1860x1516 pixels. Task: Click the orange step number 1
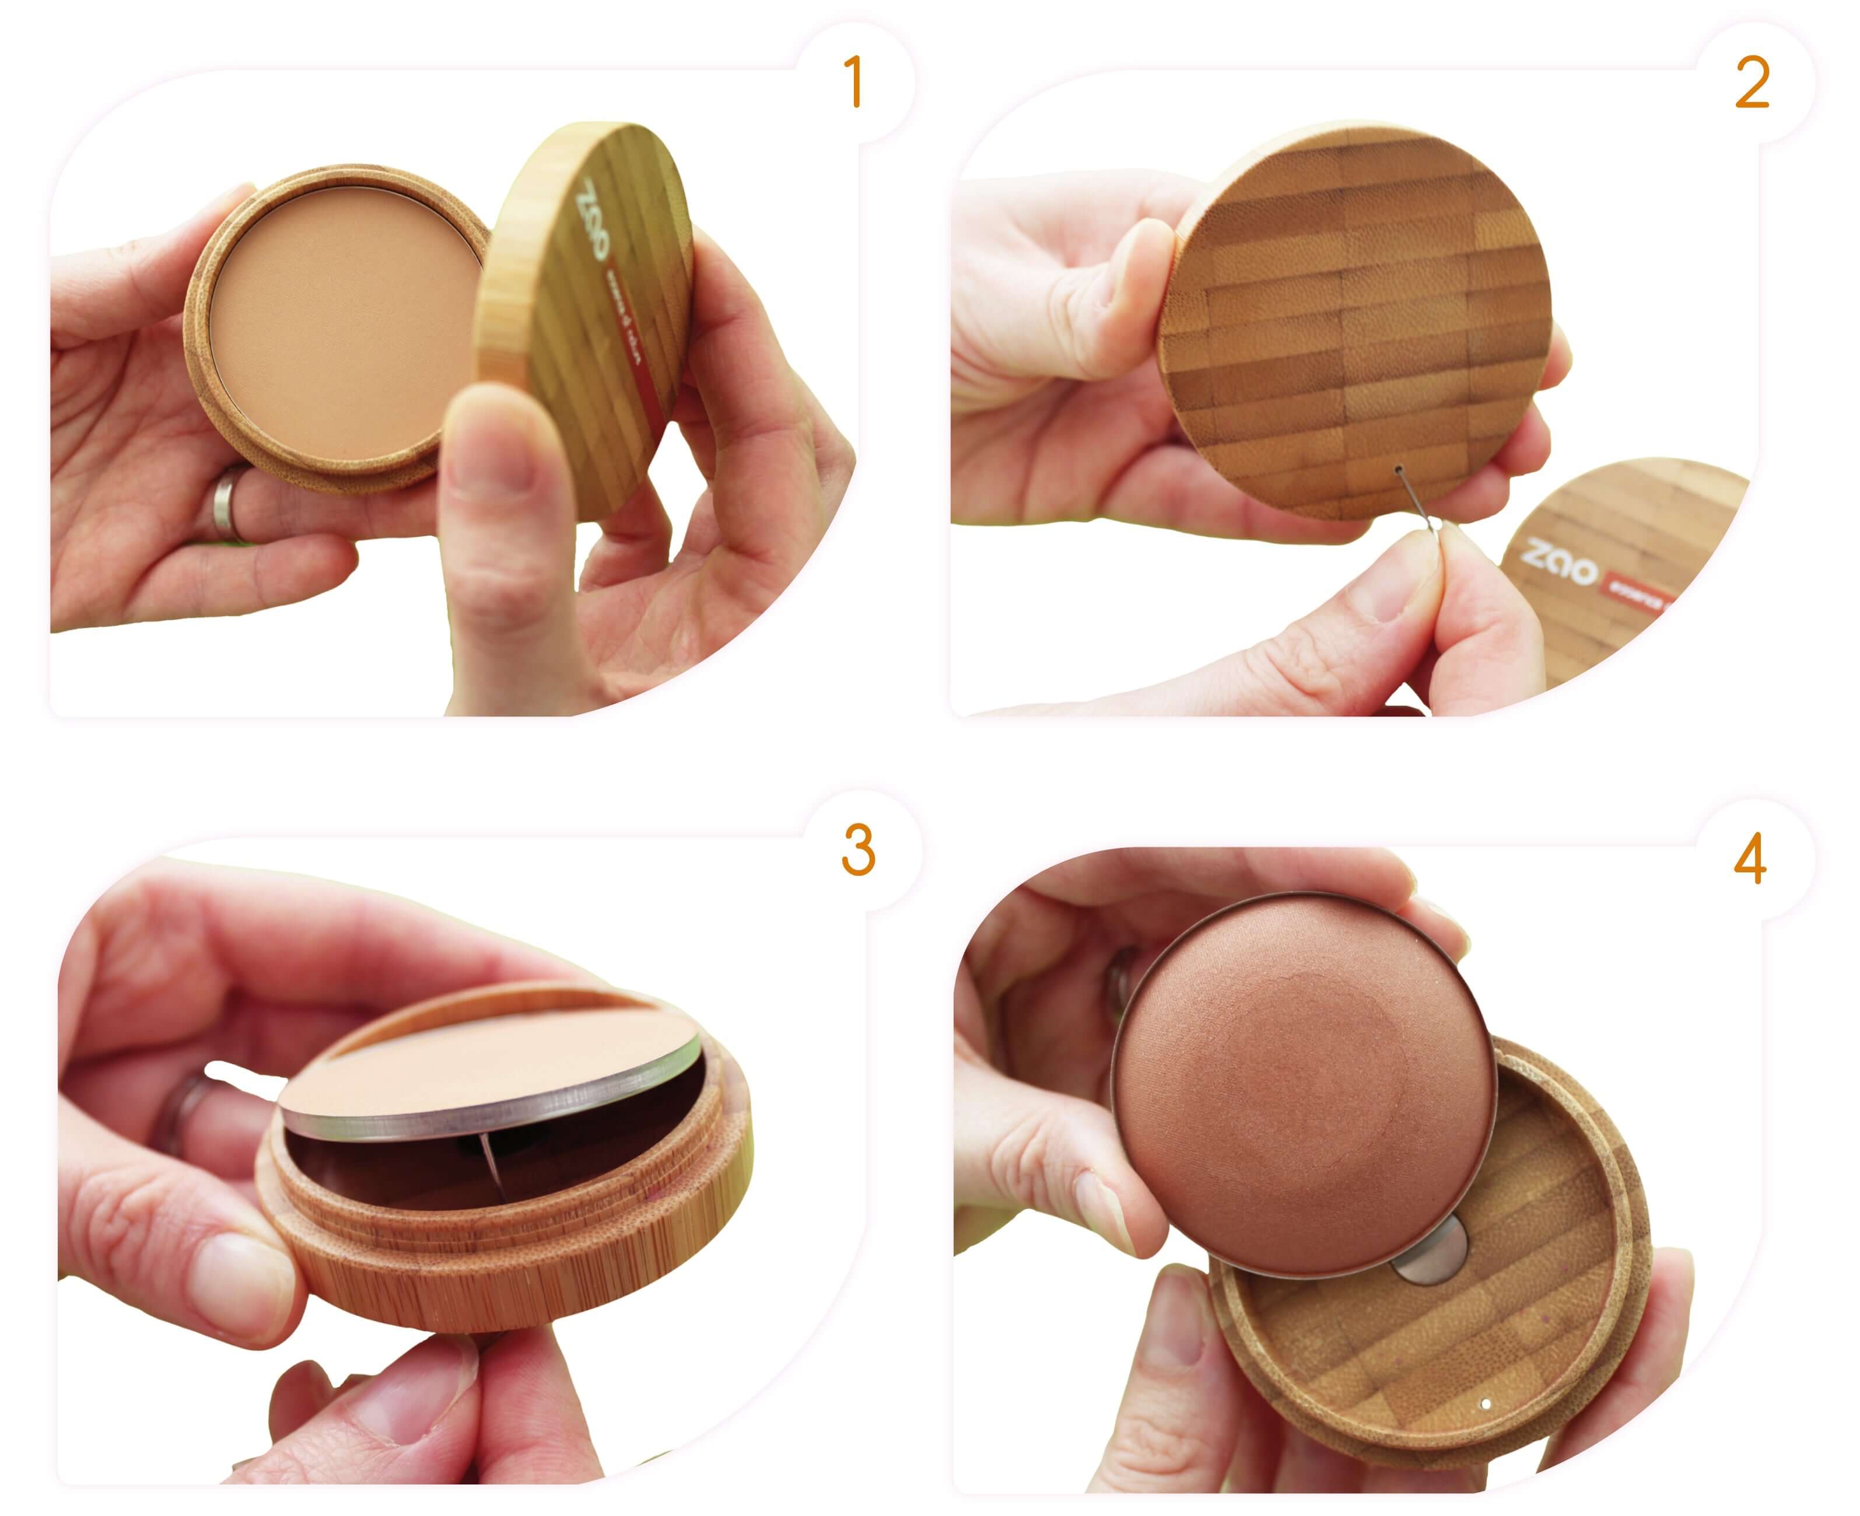(854, 83)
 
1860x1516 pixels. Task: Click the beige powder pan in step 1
(345, 319)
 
